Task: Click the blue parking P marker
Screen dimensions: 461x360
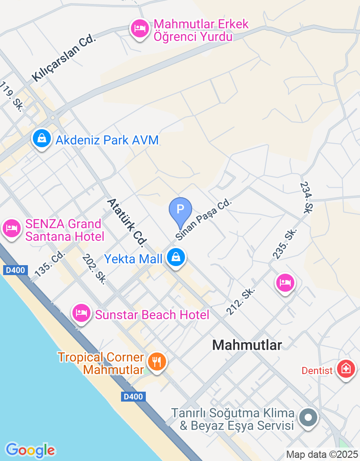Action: tap(180, 210)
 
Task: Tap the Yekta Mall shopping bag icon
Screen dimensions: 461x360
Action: tap(176, 258)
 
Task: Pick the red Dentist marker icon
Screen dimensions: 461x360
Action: tap(346, 369)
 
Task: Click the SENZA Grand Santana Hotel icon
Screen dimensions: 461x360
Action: tap(11, 228)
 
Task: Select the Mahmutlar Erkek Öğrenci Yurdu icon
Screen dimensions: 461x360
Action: tap(140, 29)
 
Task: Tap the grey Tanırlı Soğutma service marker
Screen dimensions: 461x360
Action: tap(309, 417)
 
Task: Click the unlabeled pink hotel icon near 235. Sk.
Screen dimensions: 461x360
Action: tap(285, 283)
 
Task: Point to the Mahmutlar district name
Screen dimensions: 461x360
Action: tap(247, 345)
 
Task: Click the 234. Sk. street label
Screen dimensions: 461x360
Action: tap(306, 198)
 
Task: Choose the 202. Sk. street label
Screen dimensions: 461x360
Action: tap(94, 269)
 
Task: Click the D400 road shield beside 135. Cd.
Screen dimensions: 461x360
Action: tap(16, 270)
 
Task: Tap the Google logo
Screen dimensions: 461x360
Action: tap(30, 450)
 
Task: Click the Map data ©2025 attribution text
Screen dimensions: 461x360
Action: tap(322, 454)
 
